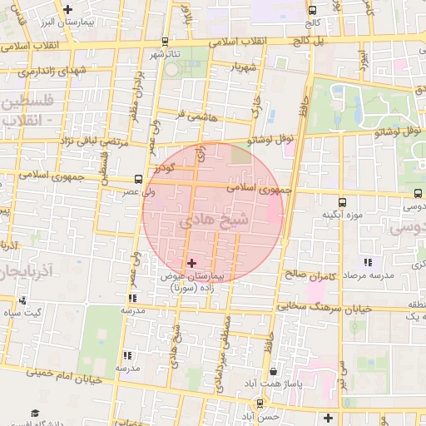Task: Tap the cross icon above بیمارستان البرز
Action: coord(67,7)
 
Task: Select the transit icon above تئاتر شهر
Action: coord(165,42)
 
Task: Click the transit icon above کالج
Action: coord(311,11)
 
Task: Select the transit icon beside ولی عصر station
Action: coord(138,179)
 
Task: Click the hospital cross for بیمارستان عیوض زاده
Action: coord(192,262)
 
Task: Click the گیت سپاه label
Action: coord(22,313)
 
